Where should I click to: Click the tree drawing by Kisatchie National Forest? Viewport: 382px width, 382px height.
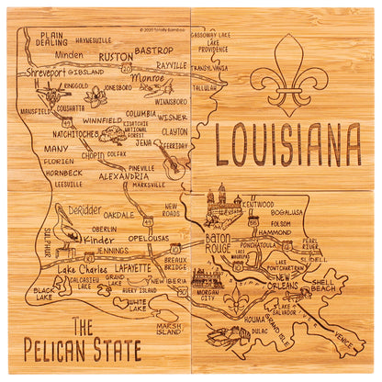tap(114, 135)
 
